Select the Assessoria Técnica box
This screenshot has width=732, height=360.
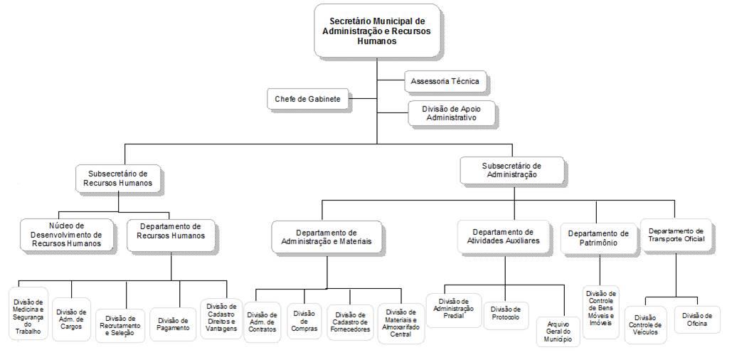[x=445, y=81]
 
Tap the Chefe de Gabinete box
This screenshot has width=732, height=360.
[x=308, y=99]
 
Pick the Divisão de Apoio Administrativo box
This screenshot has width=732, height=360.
[x=450, y=113]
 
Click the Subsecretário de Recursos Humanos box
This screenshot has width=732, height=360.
[x=118, y=178]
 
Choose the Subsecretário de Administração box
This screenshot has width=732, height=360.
[x=511, y=169]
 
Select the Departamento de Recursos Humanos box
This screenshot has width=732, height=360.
[x=171, y=235]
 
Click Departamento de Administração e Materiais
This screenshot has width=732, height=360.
[x=327, y=237]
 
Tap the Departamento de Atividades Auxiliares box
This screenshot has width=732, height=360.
[x=504, y=236]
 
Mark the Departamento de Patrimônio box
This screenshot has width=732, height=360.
[x=598, y=238]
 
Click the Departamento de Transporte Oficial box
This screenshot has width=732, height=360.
[x=676, y=235]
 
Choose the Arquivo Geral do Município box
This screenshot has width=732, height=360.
[x=559, y=332]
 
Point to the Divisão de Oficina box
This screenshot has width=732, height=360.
[x=696, y=319]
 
